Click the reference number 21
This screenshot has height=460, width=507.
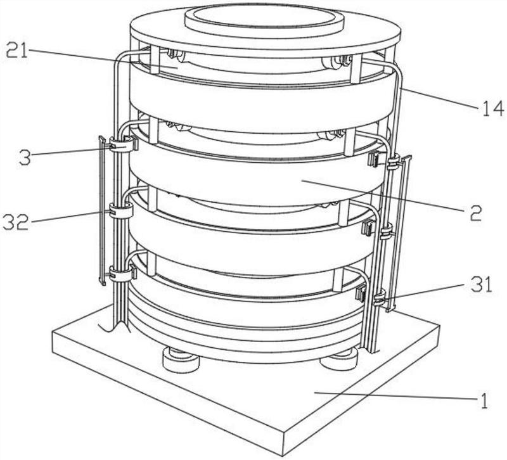(17, 50)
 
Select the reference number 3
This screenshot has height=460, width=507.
(24, 157)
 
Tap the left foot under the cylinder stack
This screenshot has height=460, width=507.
(181, 361)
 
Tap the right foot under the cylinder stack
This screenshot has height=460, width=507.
(338, 361)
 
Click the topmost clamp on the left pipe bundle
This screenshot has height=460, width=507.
(122, 145)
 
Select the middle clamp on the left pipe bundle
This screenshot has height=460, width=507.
(120, 210)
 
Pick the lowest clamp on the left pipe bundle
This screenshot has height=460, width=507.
(120, 274)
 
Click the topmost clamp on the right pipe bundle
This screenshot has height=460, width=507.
(394, 163)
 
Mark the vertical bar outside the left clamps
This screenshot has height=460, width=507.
(101, 209)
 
